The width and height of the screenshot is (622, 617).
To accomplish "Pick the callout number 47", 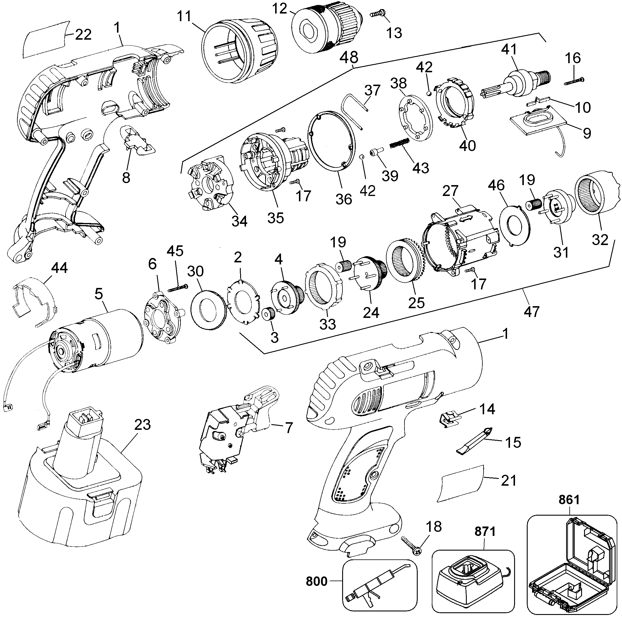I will pyautogui.click(x=531, y=311).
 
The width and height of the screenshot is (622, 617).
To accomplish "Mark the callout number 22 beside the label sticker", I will pyautogui.click(x=83, y=34).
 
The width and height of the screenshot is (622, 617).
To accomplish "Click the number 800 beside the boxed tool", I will pyautogui.click(x=317, y=581).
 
